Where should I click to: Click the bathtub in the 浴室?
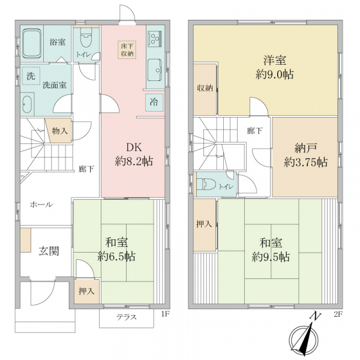tap(32, 43)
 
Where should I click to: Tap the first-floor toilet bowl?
tap(86, 37)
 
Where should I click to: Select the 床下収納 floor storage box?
tap(127, 50)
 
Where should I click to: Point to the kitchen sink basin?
tap(155, 70)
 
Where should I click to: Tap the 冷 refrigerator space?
tap(154, 102)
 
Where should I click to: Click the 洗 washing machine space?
tap(31, 76)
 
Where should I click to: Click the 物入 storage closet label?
tap(59, 131)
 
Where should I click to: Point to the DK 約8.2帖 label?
tap(134, 154)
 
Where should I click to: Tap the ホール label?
tap(41, 205)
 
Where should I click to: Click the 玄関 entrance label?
tap(49, 251)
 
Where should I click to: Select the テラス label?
tap(127, 317)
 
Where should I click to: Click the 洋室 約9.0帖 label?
tap(275, 67)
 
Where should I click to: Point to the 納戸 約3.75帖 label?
tap(305, 155)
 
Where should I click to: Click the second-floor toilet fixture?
tap(206, 184)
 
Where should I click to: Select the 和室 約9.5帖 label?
tap(271, 250)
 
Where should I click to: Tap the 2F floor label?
tap(338, 314)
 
